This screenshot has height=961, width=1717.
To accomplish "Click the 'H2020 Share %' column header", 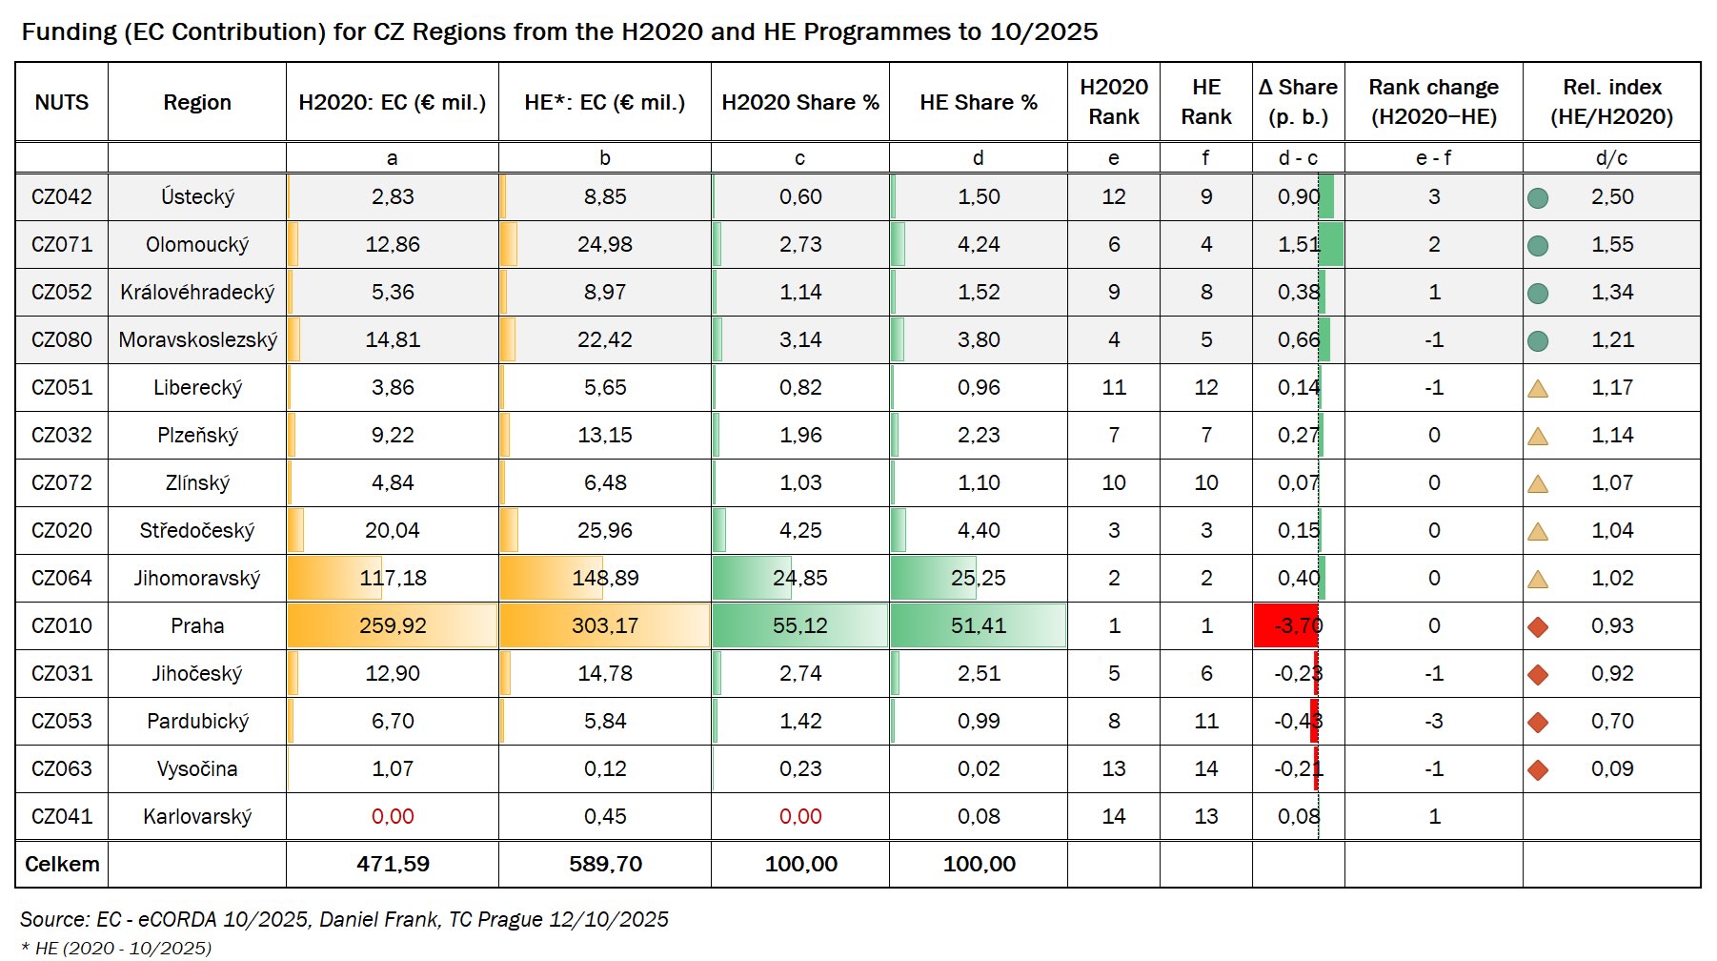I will pos(799,102).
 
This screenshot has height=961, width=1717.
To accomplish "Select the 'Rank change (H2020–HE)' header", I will pos(1433,102).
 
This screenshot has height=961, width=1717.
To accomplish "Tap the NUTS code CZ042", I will pos(62,197).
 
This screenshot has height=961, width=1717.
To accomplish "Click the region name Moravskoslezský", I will pos(197,340).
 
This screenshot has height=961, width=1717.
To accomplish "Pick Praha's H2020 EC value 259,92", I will pos(393,626).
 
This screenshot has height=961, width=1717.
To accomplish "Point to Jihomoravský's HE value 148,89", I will pos(605,579).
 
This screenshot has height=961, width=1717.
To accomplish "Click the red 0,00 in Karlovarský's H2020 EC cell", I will pos(393,817).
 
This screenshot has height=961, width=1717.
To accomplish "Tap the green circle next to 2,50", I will pos(1537,198).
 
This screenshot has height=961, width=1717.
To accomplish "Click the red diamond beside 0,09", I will pos(1537,770).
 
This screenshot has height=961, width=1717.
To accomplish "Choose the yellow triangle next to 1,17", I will pos(1537,389).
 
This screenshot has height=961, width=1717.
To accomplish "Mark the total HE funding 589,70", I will pos(605,865).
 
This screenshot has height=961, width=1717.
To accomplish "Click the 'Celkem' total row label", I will pos(62,865).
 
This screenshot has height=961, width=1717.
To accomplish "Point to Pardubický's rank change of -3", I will pos(1433,722).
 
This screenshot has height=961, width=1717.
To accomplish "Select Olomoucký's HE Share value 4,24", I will pos(979,245).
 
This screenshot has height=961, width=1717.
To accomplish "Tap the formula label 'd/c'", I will pos(1611,158).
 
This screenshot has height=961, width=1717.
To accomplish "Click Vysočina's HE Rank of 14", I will pos(1205,769).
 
